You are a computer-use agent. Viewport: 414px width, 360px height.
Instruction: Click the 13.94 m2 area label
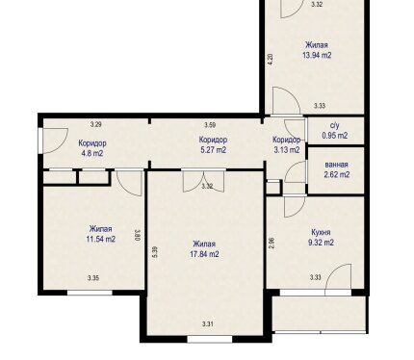pyautogui.click(x=317, y=55)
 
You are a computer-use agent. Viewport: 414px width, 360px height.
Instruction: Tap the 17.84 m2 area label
pyautogui.click(x=204, y=254)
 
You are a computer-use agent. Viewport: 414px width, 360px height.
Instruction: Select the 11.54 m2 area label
pyautogui.click(x=101, y=239)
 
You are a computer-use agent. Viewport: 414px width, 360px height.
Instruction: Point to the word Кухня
pyautogui.click(x=321, y=232)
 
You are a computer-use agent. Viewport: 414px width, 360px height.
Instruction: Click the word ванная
pyautogui.click(x=336, y=165)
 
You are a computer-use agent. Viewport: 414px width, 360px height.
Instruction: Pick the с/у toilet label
pyautogui.click(x=335, y=125)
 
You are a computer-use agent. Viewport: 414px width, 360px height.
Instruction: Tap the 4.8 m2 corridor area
pyautogui.click(x=92, y=153)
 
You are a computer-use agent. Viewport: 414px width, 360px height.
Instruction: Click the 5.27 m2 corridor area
pyautogui.click(x=214, y=149)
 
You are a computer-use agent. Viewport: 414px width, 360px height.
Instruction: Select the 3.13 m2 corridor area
pyautogui.click(x=287, y=149)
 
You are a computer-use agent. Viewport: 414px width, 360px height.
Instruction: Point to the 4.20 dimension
pyautogui.click(x=271, y=60)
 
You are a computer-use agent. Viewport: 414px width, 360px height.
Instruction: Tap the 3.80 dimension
pyautogui.click(x=138, y=235)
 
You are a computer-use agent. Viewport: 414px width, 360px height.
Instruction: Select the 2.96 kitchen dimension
pyautogui.click(x=272, y=244)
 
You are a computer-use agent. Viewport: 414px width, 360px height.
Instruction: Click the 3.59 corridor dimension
pyautogui.click(x=210, y=125)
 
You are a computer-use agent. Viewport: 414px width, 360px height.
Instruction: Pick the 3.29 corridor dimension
pyautogui.click(x=96, y=124)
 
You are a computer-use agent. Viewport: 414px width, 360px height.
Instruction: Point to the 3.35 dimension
pyautogui.click(x=93, y=278)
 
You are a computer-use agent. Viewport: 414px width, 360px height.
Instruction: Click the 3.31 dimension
pyautogui.click(x=208, y=324)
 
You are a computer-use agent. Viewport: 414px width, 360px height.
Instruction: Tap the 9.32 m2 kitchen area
pyautogui.click(x=321, y=243)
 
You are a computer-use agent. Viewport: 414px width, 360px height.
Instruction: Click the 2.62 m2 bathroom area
pyautogui.click(x=337, y=174)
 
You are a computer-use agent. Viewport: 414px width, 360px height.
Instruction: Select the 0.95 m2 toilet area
pyautogui.click(x=335, y=136)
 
